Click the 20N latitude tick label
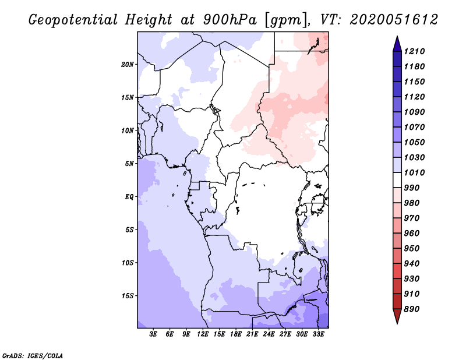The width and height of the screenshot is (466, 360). [x=128, y=64]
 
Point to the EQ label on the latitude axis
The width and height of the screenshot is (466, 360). [x=129, y=196]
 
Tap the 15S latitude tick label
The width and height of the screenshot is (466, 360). [x=128, y=295]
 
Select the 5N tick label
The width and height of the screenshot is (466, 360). [x=129, y=163]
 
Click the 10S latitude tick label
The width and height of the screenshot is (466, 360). [x=128, y=262]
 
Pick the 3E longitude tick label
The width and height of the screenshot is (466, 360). [x=154, y=334]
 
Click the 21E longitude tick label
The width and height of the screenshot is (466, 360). [x=252, y=334]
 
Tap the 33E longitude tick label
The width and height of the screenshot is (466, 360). [x=318, y=334]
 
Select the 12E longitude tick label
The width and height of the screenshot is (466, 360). [x=203, y=334]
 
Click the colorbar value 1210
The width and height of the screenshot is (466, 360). [x=416, y=51]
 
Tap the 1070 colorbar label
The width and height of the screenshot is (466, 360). [x=416, y=127]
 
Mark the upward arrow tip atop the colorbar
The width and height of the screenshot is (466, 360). [x=396, y=37]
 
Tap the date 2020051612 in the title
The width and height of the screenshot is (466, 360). [x=394, y=20]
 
